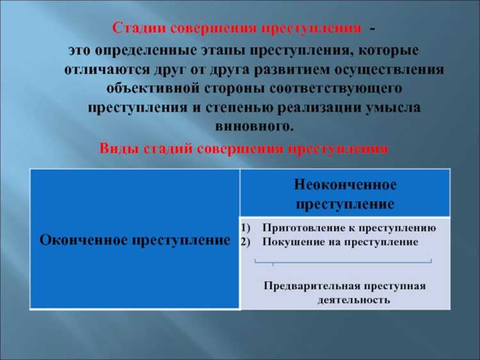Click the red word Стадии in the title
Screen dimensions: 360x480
point(132,29)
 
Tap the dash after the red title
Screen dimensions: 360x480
point(372,29)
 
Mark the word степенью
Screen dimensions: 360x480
point(246,107)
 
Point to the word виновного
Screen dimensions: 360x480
point(256,126)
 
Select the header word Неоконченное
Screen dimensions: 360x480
point(345,185)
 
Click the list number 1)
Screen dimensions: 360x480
point(247,227)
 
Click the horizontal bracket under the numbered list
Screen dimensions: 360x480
point(344,261)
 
